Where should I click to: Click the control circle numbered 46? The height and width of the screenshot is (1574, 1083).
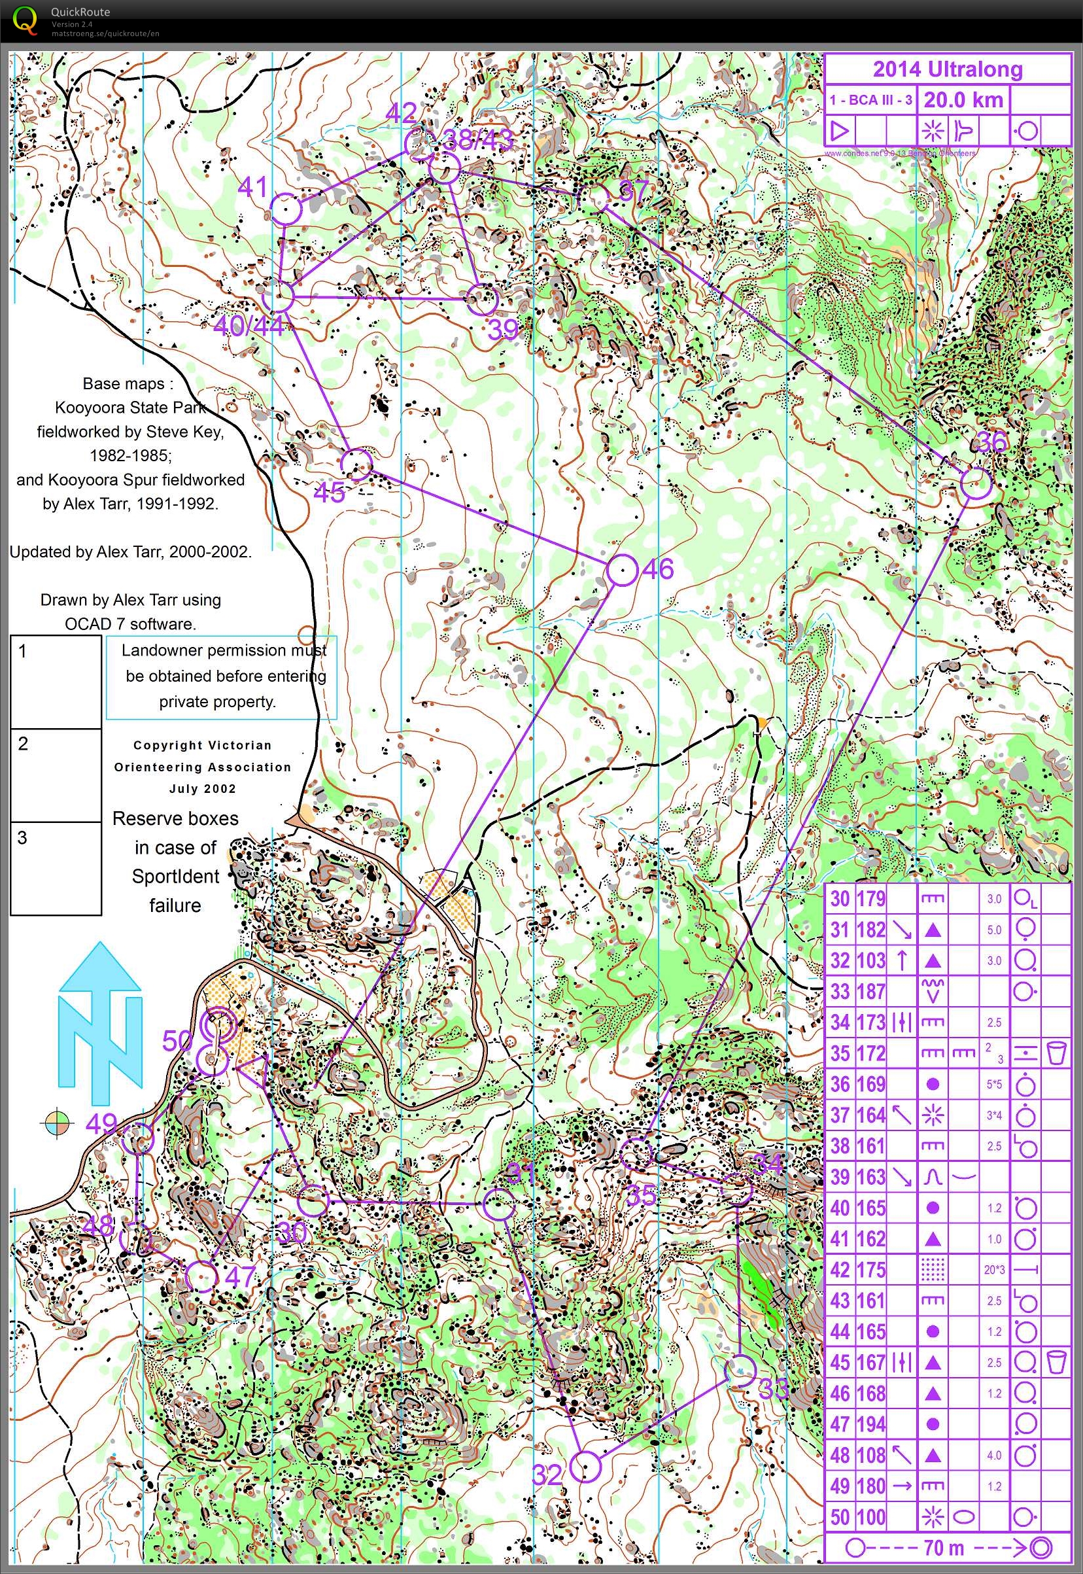[x=621, y=570]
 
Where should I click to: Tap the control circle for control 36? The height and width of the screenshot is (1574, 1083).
[x=976, y=483]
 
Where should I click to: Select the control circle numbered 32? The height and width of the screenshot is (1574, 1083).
[x=585, y=1467]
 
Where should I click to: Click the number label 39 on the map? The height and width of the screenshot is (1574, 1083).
[x=503, y=329]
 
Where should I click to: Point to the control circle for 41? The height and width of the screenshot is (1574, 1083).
[x=286, y=209]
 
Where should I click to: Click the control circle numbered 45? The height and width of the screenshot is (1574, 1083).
[x=356, y=464]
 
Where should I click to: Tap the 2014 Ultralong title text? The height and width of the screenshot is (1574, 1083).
[x=946, y=69]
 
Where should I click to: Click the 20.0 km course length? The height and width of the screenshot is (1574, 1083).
[x=963, y=101]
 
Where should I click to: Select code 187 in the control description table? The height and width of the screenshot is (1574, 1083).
[x=870, y=992]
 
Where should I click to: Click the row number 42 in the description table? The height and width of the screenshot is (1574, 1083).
[x=840, y=1270]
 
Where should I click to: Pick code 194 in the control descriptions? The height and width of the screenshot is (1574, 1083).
[x=870, y=1424]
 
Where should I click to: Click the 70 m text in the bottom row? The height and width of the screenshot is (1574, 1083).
[x=943, y=1548]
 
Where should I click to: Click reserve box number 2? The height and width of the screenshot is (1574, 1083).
[x=56, y=775]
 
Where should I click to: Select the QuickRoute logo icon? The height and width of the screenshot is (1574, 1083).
[x=25, y=20]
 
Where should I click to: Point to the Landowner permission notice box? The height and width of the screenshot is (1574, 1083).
[x=221, y=676]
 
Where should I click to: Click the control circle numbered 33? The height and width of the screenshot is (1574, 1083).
[x=740, y=1371]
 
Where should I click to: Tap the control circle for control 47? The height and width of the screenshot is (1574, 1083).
[x=201, y=1277]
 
